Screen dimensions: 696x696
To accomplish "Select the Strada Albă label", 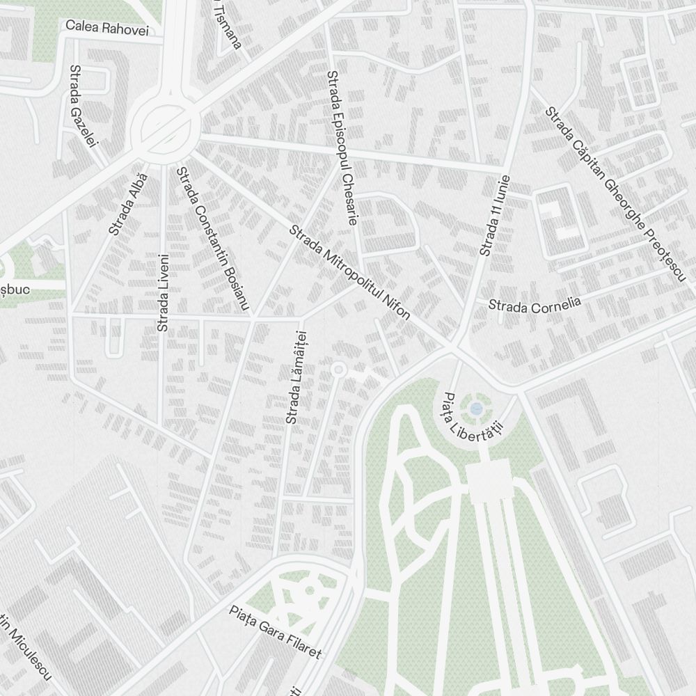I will [129, 204].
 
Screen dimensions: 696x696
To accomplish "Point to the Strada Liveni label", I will [163, 292].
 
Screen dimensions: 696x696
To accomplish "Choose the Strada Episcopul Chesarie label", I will [342, 148].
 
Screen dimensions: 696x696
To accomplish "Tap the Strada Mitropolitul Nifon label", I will [349, 271].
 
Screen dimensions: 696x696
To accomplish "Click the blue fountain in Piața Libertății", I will [476, 408].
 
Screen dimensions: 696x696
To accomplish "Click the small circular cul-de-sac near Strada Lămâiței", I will [338, 368].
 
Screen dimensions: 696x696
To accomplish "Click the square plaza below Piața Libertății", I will [489, 482].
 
